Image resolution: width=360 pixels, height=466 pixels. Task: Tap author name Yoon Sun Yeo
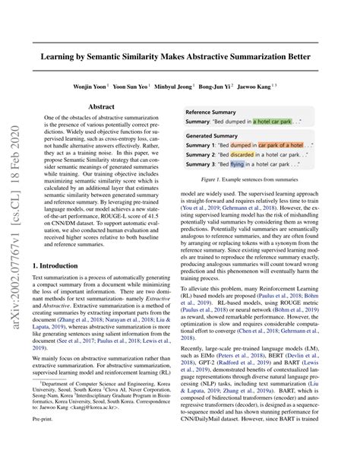click(x=142, y=87)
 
